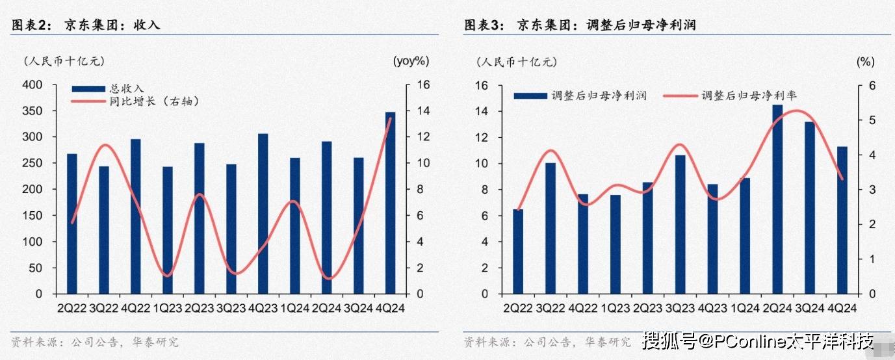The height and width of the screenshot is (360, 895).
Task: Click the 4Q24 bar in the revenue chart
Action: click(390, 203)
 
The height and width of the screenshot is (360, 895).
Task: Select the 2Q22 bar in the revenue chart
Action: click(71, 224)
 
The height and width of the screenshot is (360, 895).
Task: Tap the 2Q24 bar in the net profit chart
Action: click(777, 199)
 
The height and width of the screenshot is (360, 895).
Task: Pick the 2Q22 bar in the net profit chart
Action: click(518, 251)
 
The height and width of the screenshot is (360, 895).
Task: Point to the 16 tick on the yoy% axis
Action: click(421, 85)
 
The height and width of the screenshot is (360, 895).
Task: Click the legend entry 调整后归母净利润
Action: click(599, 96)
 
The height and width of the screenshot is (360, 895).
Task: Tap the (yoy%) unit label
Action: click(411, 61)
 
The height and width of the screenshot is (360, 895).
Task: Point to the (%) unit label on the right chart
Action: click(866, 62)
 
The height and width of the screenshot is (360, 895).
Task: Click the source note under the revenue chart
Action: click(95, 342)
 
